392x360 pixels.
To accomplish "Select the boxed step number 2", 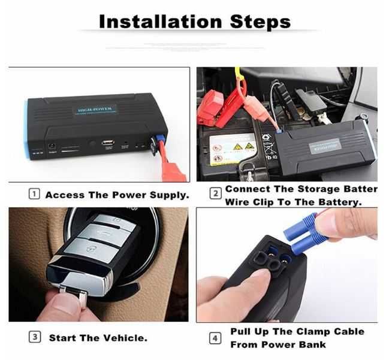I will click(215, 194).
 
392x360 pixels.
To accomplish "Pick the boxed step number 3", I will click(35, 337).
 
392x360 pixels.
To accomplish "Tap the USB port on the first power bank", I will click(108, 143).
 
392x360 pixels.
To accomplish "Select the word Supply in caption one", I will click(168, 195).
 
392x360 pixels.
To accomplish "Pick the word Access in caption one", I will click(65, 195).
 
